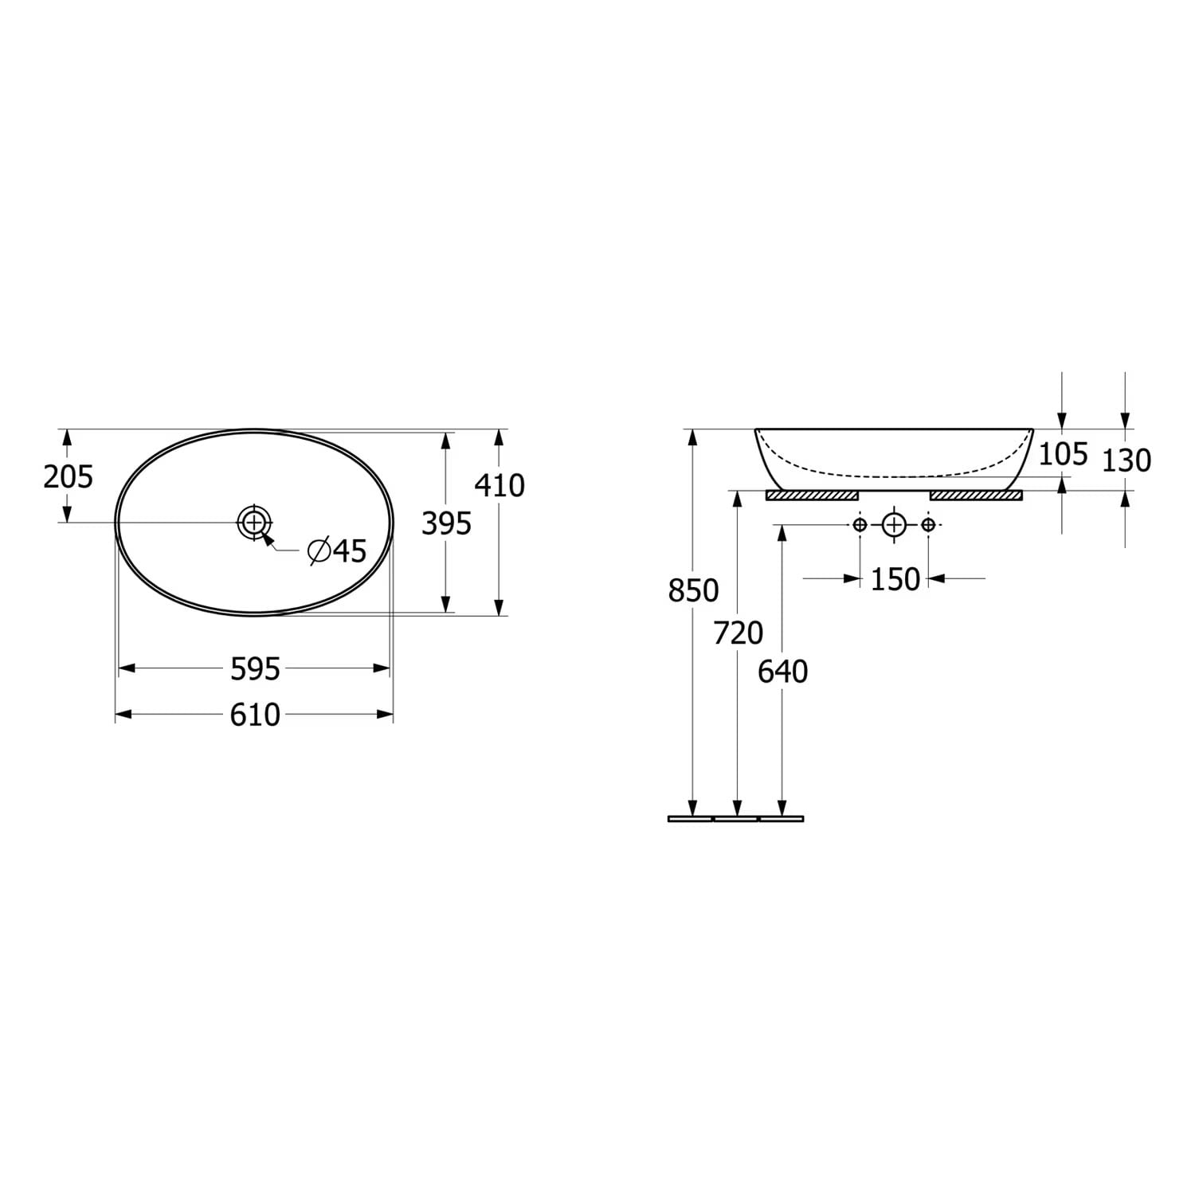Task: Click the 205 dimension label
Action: coord(69,476)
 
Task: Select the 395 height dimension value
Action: coord(446,523)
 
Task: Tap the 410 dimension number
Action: coord(500,485)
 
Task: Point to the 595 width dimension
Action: coord(255,669)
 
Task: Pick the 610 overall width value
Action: coord(255,715)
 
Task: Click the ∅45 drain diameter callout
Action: coord(338,550)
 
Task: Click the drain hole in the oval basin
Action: coord(254,523)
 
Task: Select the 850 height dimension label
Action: coord(693,590)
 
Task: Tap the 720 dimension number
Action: coord(739,633)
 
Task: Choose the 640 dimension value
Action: coord(783,672)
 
